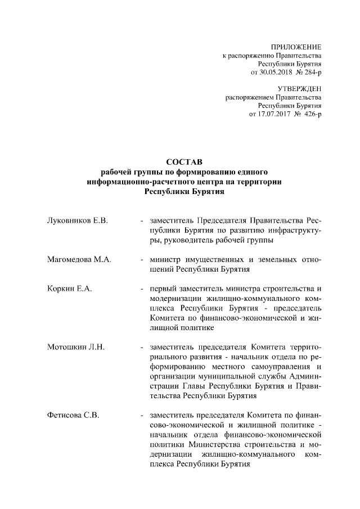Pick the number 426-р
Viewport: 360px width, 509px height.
[310, 114]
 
